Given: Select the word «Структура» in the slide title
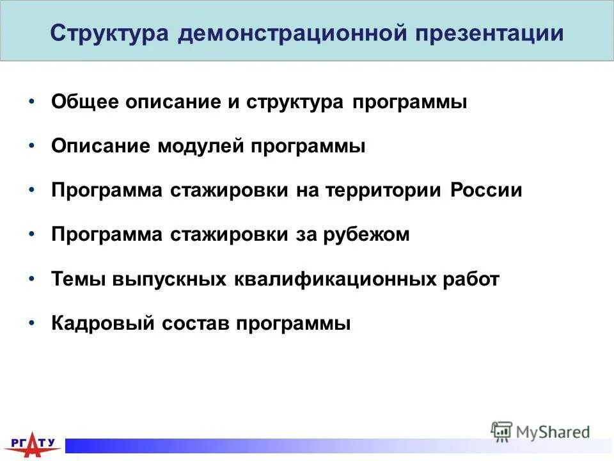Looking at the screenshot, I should click(x=109, y=33).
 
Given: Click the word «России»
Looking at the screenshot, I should click(x=485, y=191).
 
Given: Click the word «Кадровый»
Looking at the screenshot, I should click(x=102, y=323).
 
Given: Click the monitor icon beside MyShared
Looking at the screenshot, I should click(x=501, y=432).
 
